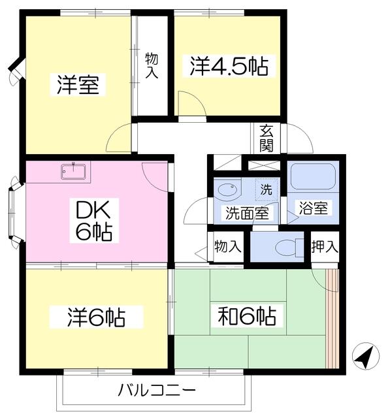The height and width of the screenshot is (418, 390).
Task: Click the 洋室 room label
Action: coord(78,86)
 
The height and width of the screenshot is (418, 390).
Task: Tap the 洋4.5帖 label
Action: coord(229,67)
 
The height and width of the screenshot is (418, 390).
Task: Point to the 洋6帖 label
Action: coord(95,317)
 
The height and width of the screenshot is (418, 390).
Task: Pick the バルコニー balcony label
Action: coord(156,391)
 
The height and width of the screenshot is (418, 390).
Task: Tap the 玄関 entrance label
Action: coord(266,137)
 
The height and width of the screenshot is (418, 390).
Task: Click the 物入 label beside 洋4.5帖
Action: coord(152,66)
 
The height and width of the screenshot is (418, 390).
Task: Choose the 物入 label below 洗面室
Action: coord(228,247)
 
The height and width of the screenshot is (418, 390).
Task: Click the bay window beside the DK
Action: coord(16,214)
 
